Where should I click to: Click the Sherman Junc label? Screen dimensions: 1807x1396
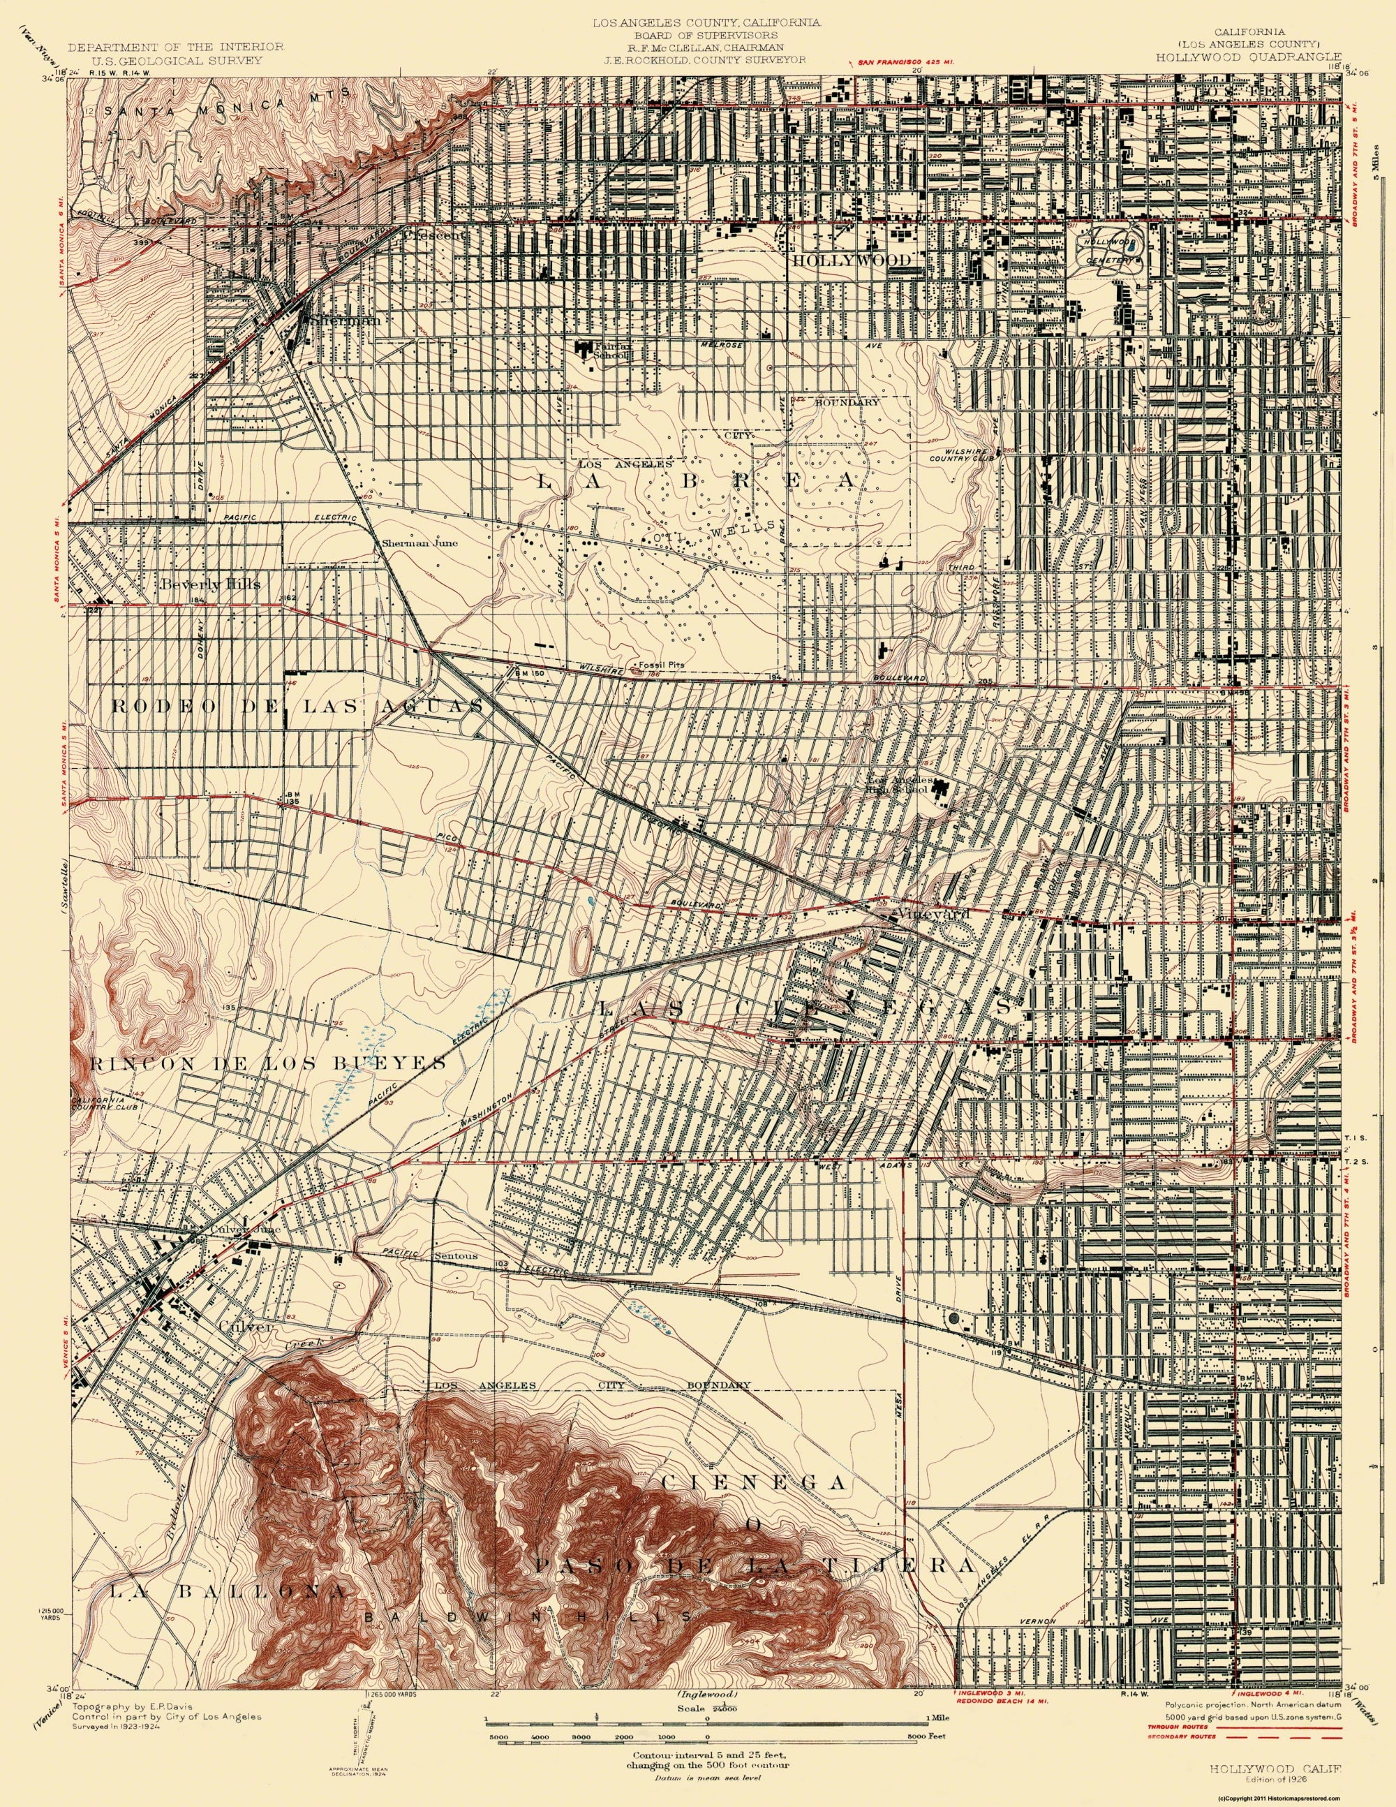tap(420, 544)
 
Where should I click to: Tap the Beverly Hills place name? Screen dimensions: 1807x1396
tap(211, 584)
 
